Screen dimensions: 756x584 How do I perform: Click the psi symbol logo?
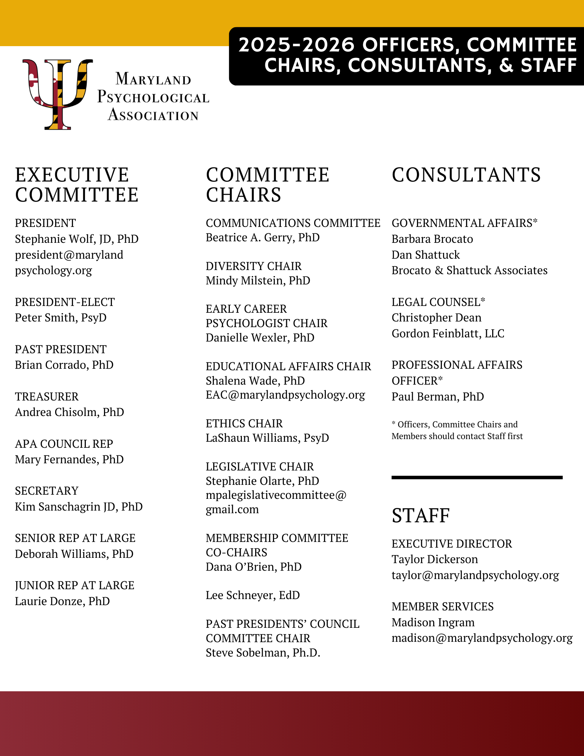(57, 94)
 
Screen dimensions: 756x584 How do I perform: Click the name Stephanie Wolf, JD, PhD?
(77, 239)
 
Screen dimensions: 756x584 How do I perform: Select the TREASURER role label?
(46, 396)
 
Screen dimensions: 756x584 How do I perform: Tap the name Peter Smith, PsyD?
(60, 318)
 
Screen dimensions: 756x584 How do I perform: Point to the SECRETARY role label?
(46, 491)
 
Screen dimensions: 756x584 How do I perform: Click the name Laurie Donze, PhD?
(62, 601)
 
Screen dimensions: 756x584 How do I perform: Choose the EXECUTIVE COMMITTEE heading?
(77, 185)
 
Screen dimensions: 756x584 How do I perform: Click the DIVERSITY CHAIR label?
(254, 266)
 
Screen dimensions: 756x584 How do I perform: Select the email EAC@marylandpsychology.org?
(285, 395)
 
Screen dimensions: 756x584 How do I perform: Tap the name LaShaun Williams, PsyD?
(267, 438)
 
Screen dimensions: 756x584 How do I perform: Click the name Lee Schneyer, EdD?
(252, 595)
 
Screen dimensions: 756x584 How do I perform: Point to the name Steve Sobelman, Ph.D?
(263, 653)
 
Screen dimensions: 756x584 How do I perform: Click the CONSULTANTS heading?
(466, 175)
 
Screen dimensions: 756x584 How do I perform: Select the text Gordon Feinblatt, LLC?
(448, 334)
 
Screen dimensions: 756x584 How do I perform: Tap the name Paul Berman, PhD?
(438, 397)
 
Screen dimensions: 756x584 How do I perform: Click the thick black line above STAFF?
(477, 478)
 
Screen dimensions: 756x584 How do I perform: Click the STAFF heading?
(421, 515)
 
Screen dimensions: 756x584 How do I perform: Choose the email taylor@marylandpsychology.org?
(475, 575)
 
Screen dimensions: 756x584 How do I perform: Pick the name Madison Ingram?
(433, 622)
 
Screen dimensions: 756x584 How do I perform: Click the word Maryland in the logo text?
(153, 79)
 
